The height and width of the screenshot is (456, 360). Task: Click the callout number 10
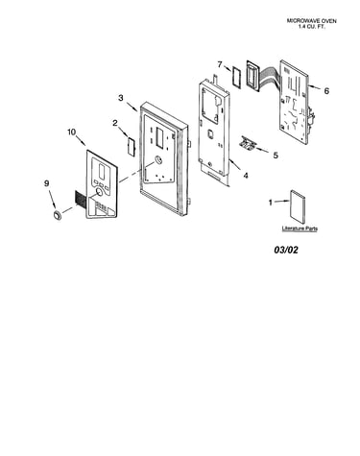coord(72,132)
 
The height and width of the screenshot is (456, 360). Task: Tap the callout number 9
coord(47,183)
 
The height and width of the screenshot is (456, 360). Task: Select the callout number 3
coord(121,98)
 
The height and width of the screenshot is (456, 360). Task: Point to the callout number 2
coord(115,123)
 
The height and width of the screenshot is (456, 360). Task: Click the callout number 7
coord(220,64)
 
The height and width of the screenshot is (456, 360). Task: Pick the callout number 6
coord(326,91)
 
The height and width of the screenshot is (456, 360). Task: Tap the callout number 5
coord(276,156)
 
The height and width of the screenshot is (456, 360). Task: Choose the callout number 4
coord(246,176)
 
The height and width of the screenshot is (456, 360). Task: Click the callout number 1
coord(271,203)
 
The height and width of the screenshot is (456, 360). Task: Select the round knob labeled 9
coord(58,215)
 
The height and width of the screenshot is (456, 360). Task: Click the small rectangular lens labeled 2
coord(132,146)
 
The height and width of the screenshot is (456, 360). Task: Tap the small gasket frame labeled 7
coord(237,76)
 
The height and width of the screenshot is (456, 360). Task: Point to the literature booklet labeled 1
coord(298,207)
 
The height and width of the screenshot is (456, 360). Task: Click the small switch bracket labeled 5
coord(248,142)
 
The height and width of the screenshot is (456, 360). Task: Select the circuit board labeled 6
coord(295,101)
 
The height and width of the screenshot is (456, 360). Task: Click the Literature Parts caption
coord(300,228)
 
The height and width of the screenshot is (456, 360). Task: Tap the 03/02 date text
coord(286,250)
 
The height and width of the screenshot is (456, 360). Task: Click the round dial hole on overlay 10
coord(100,192)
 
